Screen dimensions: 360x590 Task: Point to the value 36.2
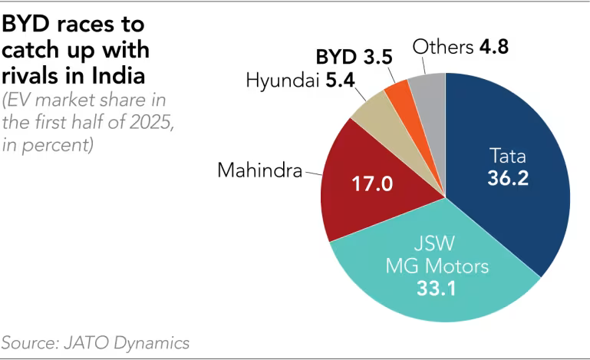pos(508,178)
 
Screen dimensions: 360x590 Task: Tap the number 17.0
pos(371,184)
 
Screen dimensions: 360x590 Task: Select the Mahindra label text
pos(259,170)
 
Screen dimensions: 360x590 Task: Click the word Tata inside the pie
pos(508,157)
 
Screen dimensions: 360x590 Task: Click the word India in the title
pos(119,77)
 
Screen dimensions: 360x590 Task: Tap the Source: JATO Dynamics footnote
pos(95,342)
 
